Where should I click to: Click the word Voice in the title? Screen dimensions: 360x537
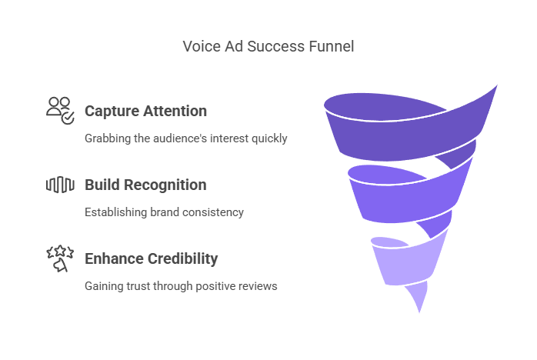198,46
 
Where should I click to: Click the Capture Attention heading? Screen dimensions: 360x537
145,111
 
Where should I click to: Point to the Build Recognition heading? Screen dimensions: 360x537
145,185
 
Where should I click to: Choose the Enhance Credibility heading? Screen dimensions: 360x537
152,258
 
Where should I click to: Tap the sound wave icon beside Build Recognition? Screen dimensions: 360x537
60,185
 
